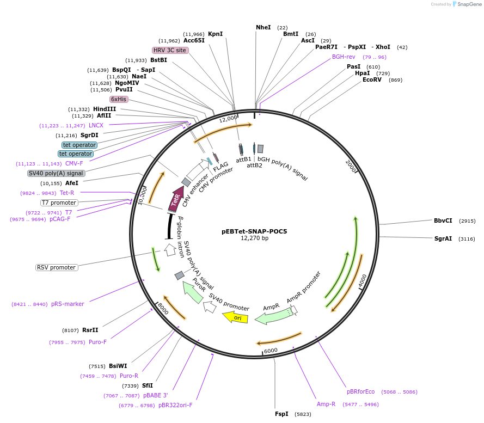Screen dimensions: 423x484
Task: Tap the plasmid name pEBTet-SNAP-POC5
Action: [x=254, y=231]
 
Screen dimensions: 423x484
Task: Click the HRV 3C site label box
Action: [x=170, y=50]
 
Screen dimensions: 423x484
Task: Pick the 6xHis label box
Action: [x=119, y=99]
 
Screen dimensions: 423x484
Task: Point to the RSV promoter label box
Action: [x=57, y=267]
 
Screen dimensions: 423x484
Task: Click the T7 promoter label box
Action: [x=59, y=203]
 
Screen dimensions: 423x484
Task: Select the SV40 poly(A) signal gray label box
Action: [x=57, y=173]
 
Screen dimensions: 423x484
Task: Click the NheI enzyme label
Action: [x=264, y=27]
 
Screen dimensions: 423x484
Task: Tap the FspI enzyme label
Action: [x=281, y=414]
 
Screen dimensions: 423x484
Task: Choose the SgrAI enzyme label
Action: [x=443, y=238]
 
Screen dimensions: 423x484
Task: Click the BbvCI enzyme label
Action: [x=443, y=220]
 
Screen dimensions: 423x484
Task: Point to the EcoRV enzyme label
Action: [x=372, y=79]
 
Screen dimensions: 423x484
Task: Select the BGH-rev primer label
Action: [x=344, y=57]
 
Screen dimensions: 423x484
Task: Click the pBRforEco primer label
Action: [x=361, y=391]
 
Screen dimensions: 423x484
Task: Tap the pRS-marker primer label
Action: [x=68, y=304]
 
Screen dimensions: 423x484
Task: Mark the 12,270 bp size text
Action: [x=254, y=238]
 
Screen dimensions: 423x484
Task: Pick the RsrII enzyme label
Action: [x=90, y=330]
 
